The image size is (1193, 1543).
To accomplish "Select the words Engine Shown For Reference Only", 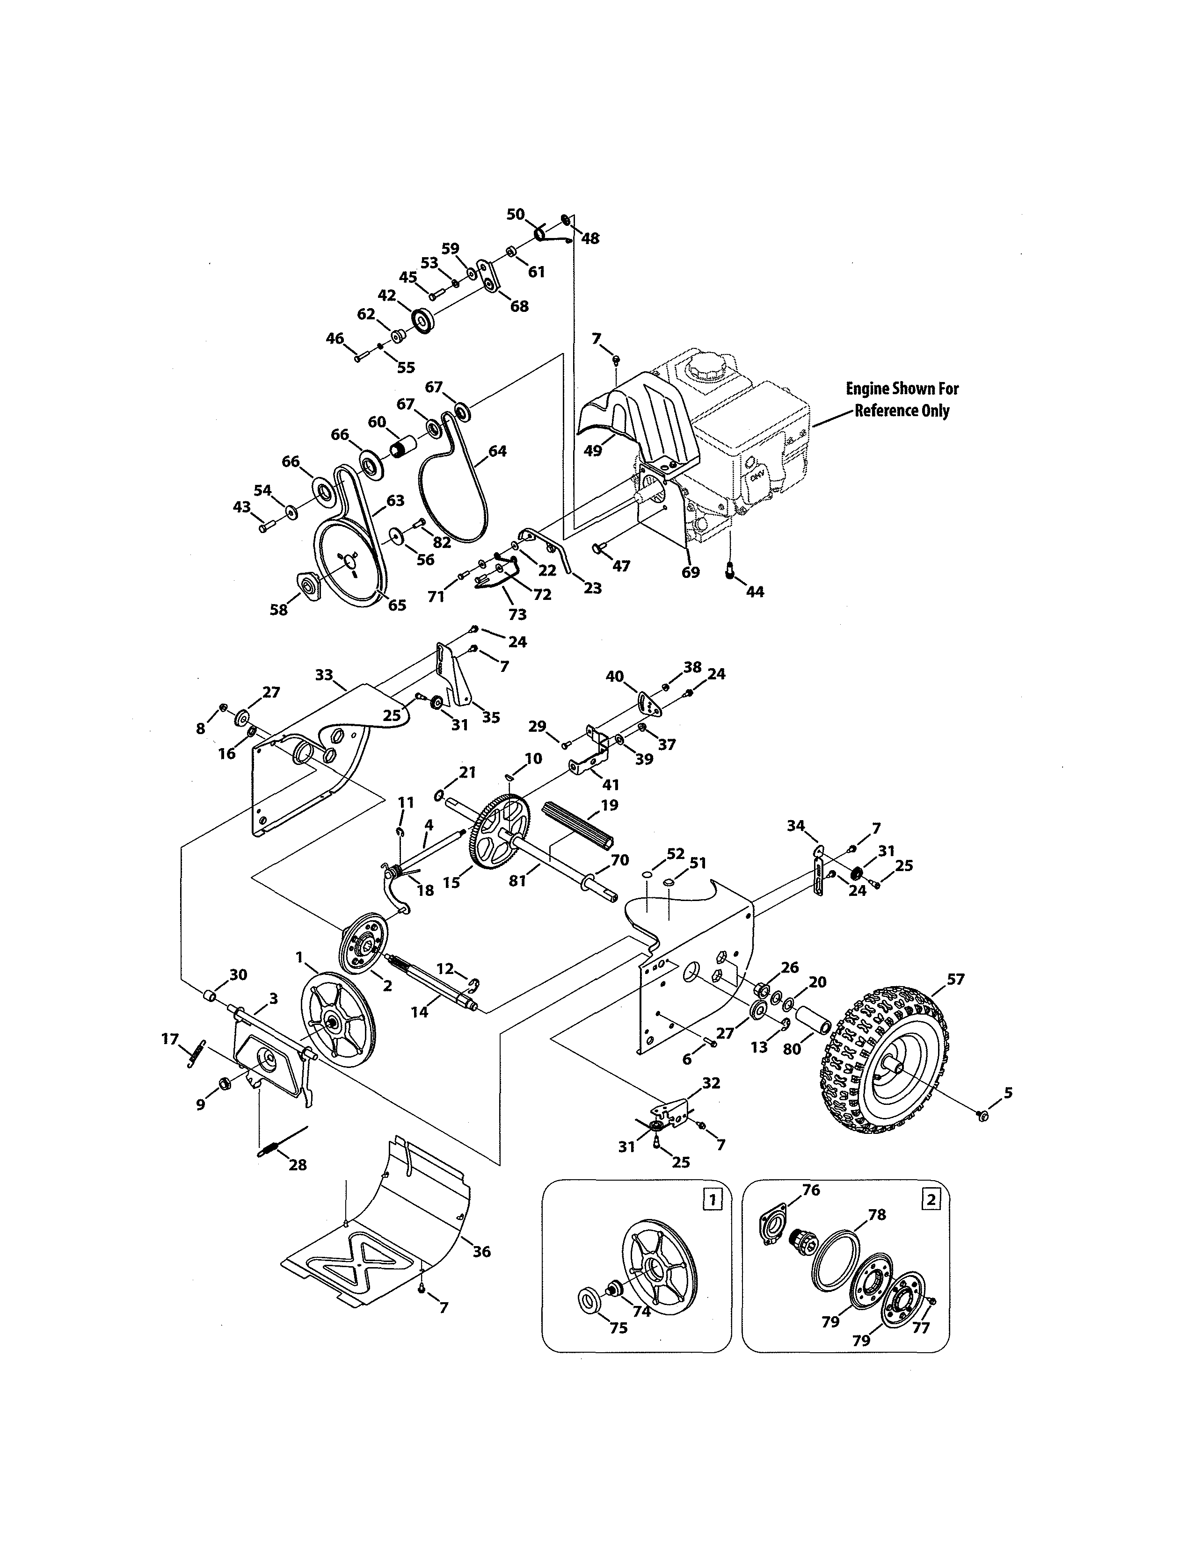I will coord(902,399).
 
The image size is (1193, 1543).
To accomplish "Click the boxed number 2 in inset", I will coord(931,1199).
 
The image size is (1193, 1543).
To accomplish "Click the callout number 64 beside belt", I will coord(498,451).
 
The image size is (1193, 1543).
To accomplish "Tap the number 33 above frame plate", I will coord(324,676).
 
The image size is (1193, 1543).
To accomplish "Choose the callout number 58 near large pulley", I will coord(279,609).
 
